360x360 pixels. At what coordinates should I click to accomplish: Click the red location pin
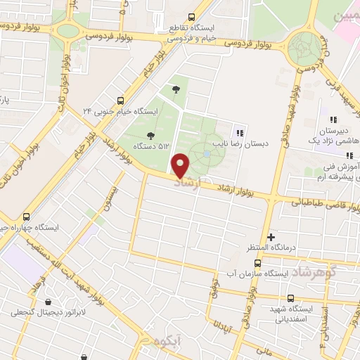(x=181, y=165)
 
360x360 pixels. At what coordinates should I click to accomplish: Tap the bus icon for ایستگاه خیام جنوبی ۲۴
(x=120, y=101)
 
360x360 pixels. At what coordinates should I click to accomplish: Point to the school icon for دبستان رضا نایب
(x=239, y=132)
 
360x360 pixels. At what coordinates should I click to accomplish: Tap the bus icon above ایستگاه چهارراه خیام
(x=27, y=217)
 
